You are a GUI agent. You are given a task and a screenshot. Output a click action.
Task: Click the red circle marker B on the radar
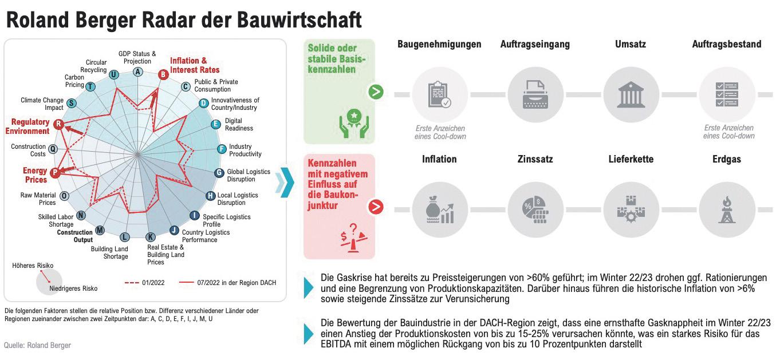[163, 73]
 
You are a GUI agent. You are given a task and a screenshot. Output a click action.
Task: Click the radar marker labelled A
[137, 72]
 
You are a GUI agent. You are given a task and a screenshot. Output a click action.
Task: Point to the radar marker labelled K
[151, 237]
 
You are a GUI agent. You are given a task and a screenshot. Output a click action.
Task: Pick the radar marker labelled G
[219, 173]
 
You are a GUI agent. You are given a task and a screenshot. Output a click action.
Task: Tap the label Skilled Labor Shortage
[56, 220]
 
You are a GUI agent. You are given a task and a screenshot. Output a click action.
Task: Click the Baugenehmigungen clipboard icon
[439, 94]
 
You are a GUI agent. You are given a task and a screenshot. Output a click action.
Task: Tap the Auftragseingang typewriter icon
[535, 94]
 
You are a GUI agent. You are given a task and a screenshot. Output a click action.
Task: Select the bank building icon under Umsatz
[631, 94]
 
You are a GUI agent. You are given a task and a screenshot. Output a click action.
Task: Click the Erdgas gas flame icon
[727, 210]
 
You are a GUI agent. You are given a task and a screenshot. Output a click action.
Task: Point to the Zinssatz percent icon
[535, 210]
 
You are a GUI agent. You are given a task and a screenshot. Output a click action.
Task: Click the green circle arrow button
[376, 92]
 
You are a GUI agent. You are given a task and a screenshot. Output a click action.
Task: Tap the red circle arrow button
[376, 207]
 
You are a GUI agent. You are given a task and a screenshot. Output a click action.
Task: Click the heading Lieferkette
[631, 159]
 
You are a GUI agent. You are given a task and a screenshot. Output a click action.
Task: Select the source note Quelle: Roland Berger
[37, 346]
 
